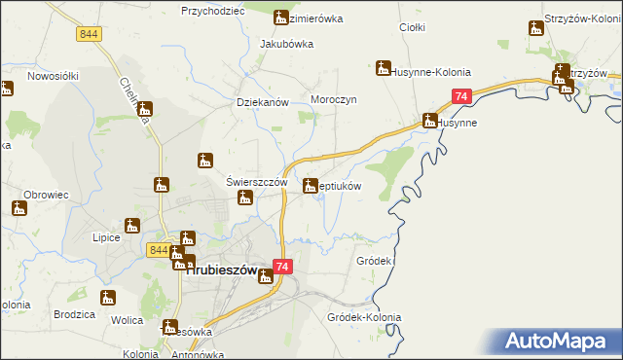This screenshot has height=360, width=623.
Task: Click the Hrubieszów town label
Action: [x=221, y=271]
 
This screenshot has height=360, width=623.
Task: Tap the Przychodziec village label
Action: [x=210, y=11]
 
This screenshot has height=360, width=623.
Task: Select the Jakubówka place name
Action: [x=286, y=44]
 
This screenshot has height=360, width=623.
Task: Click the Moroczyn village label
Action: [x=336, y=100]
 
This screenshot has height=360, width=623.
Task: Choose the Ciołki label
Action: [x=413, y=27]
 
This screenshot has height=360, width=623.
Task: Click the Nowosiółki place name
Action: [x=53, y=75]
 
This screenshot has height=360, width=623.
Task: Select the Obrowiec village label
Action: [x=46, y=194]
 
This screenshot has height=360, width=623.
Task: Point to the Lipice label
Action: [x=105, y=237]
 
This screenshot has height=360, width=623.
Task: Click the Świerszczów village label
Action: [x=256, y=181]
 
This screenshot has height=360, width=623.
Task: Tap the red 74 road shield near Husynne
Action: [x=461, y=96]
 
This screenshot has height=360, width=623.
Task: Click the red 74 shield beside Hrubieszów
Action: [x=282, y=267]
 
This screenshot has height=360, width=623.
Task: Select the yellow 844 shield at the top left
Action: [x=89, y=33]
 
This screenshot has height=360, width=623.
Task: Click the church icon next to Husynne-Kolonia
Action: [x=384, y=68]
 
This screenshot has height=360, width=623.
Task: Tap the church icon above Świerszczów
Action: [x=206, y=161]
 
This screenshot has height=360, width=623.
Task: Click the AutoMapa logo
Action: [x=557, y=341]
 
